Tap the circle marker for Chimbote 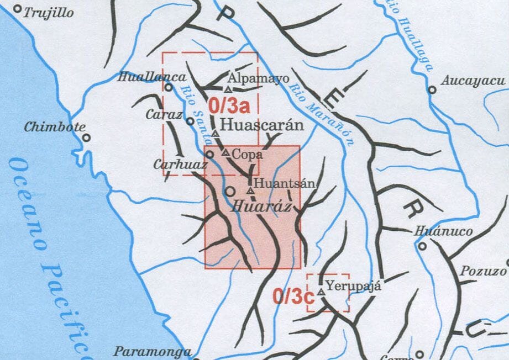point(86,137)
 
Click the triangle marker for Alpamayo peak point(228,89)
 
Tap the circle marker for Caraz point(190,121)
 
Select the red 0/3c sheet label point(293,297)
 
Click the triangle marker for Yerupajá point(321,290)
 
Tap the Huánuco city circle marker point(422,246)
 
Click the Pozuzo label point(487,271)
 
